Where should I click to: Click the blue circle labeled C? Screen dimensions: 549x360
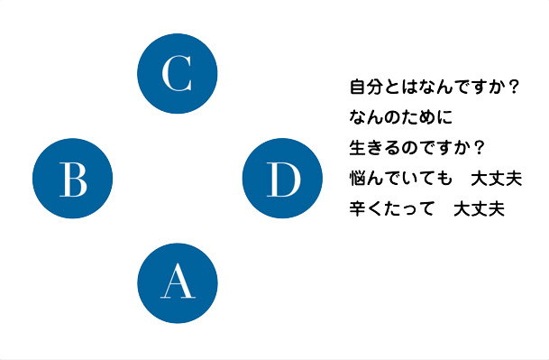(177, 73)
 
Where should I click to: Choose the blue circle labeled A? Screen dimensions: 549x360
(177, 282)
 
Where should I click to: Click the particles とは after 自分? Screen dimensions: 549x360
(402, 88)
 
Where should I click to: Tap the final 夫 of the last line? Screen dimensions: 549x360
(496, 208)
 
